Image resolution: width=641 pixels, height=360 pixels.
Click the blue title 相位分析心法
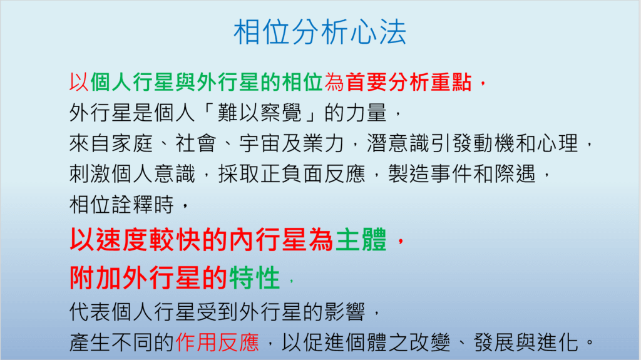coord(320,32)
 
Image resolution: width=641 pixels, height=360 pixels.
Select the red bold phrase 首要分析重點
coord(409,82)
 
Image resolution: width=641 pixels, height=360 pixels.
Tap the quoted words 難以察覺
coord(260,113)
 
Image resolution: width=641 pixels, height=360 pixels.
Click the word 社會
coord(196,143)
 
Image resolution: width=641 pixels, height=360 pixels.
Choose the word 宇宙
coord(260,143)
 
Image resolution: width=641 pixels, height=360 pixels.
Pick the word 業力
coord(324,143)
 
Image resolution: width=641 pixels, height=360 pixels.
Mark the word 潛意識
coord(398,143)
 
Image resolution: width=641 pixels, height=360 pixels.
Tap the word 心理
coord(558,143)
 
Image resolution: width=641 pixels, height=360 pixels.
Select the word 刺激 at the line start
coord(90,174)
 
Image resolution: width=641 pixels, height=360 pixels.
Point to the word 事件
coord(451,174)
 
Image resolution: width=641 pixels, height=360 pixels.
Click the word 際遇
coord(515,174)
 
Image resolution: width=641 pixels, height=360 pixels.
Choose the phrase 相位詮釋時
coord(122,205)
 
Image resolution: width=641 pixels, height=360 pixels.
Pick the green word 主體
coord(361,240)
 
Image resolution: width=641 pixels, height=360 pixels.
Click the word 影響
coord(345,312)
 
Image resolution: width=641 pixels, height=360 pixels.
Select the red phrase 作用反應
coord(217,342)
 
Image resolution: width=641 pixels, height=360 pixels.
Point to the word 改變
coord(430,342)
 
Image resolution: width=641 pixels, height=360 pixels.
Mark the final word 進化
coord(558,342)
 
